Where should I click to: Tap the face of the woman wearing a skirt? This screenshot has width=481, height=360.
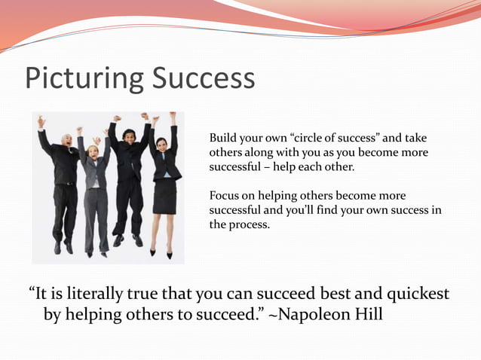[162, 142]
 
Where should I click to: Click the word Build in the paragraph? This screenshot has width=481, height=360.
[222, 138]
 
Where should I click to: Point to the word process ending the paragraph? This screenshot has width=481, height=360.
[250, 224]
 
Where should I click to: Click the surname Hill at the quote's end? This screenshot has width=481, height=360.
[369, 313]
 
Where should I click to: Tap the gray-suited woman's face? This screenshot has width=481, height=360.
[93, 151]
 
